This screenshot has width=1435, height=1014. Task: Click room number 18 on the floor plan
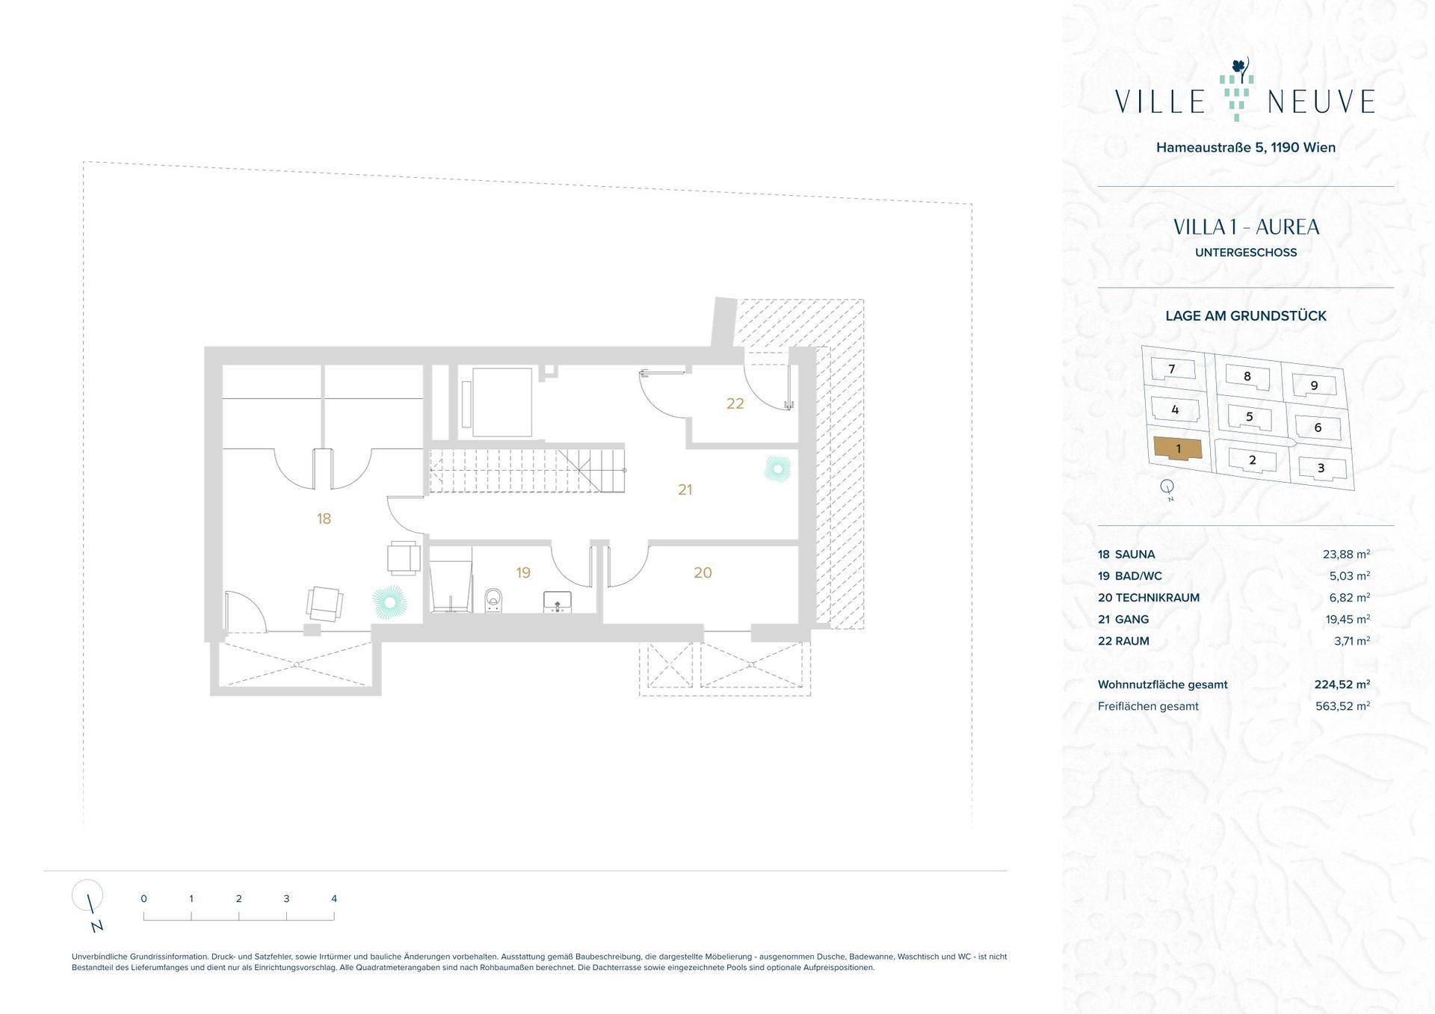(x=324, y=519)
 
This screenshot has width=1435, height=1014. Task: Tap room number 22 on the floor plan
(x=735, y=404)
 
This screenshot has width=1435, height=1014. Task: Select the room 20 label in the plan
(x=703, y=573)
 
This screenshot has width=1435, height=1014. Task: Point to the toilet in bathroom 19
(x=494, y=600)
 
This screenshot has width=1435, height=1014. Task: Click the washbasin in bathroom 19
(x=557, y=602)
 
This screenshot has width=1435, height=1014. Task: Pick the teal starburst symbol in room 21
(x=777, y=469)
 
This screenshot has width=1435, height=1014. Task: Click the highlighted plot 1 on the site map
(x=1178, y=448)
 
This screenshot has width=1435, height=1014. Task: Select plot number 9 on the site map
(x=1314, y=386)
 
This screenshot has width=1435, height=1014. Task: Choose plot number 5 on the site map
(x=1249, y=417)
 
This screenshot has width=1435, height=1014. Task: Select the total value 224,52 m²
(x=1342, y=684)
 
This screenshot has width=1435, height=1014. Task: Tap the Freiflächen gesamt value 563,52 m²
(x=1343, y=706)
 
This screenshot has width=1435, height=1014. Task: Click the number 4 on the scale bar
(x=334, y=899)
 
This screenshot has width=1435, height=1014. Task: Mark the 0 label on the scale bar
(x=143, y=899)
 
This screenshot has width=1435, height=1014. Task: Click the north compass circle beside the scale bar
(x=87, y=894)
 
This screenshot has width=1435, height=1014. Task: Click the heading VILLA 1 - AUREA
(x=1246, y=227)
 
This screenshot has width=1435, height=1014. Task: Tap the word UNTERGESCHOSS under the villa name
(x=1246, y=253)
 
